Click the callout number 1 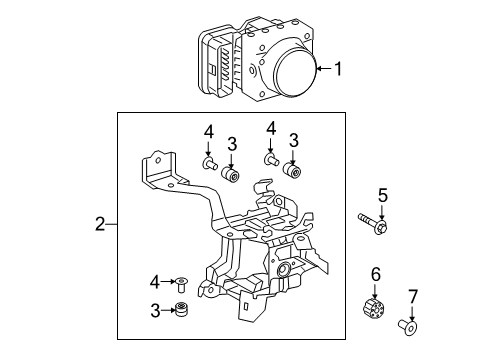338,69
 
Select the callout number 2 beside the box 100,224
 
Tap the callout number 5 383,195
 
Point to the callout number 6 376,274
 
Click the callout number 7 413,296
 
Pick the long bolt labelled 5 373,223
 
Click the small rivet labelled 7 408,326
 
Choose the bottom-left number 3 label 155,311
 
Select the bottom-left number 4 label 155,282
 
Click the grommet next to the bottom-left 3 181,310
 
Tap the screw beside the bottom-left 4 181,285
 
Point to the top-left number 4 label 209,132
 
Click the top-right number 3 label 293,140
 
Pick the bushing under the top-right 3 293,171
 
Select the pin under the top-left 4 210,163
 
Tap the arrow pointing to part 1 324,69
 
